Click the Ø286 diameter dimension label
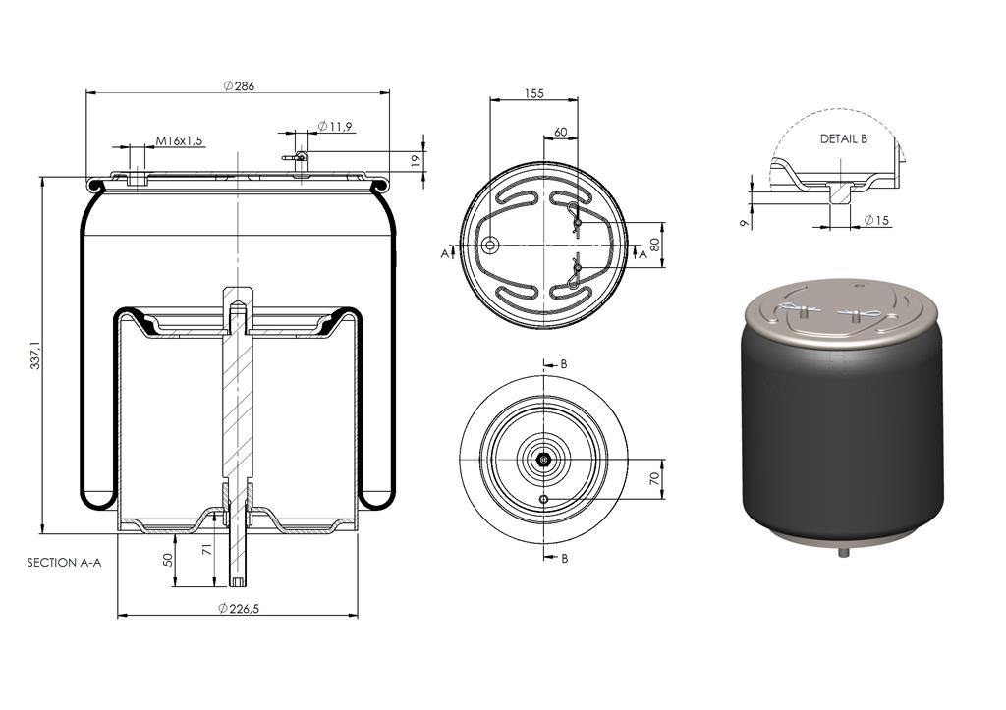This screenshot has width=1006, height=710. click(239, 86)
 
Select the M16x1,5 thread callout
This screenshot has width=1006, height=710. click(179, 140)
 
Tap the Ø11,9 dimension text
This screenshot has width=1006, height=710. click(334, 127)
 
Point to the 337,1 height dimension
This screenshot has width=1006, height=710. click(36, 355)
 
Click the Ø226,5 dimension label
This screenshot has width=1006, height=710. click(238, 608)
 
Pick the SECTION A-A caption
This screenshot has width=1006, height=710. click(64, 563)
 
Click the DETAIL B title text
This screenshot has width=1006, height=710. click(844, 138)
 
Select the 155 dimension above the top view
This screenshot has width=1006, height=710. click(533, 93)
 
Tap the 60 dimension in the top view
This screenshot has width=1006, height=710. click(560, 133)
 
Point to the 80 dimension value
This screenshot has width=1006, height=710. click(655, 245)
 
